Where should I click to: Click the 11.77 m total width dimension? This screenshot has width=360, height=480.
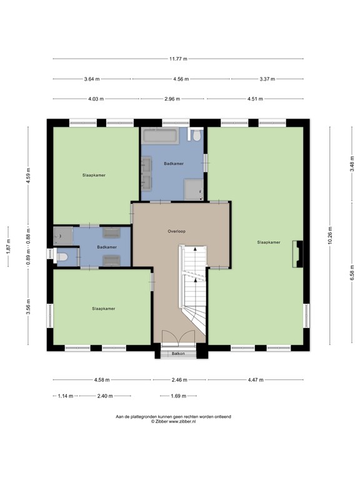click(x=178, y=59)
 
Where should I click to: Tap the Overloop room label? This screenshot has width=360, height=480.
click(x=177, y=231)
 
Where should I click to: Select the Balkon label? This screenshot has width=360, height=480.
click(x=178, y=354)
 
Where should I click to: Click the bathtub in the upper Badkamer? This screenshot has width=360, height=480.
click(x=161, y=135)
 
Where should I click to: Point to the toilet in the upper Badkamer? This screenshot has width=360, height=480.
click(x=196, y=135)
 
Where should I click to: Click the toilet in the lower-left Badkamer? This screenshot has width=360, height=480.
click(x=62, y=257)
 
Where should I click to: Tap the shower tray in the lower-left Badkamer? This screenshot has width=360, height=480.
click(x=63, y=236)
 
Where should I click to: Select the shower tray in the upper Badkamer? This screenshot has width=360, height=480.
click(x=194, y=189)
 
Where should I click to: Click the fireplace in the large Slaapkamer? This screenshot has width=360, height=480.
click(x=298, y=254)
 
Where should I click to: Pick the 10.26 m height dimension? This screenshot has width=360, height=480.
click(x=330, y=236)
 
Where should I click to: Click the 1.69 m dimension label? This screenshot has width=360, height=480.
click(x=179, y=396)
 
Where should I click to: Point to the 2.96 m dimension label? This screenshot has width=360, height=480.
click(x=172, y=99)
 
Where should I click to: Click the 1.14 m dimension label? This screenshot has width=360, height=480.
click(x=66, y=396)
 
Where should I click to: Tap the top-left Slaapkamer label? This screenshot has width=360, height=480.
click(x=94, y=176)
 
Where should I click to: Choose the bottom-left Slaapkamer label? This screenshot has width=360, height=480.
click(x=104, y=309)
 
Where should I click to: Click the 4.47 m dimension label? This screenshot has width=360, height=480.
click(x=256, y=380)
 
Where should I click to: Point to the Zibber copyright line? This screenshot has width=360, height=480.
click(x=173, y=421)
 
